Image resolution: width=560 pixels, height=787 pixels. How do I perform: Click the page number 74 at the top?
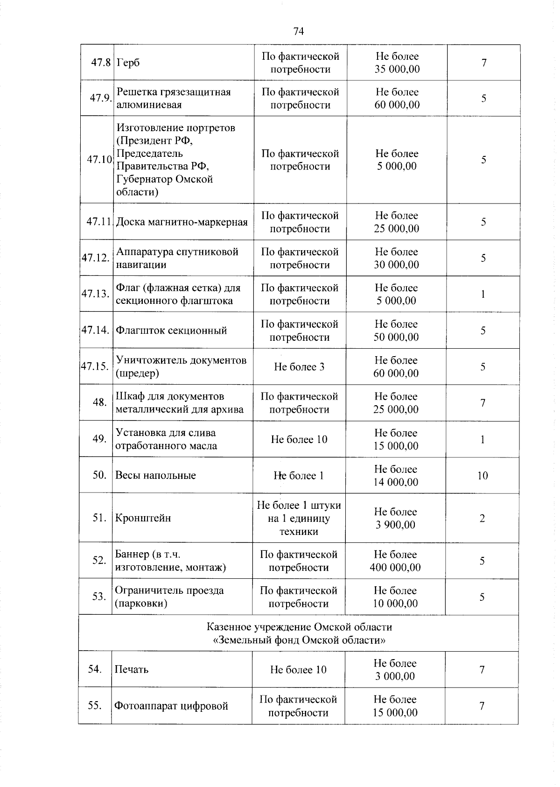click(x=299, y=31)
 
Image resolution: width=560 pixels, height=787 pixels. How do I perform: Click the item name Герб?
click(x=128, y=63)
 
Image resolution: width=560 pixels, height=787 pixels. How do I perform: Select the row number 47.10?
click(x=99, y=160)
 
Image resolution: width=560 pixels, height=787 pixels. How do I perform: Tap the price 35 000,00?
click(x=397, y=70)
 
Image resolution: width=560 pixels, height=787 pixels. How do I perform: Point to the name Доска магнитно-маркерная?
click(x=182, y=222)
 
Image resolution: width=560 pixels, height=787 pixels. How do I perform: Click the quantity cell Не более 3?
click(x=299, y=367)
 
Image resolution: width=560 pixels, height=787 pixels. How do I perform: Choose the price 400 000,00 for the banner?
click(x=395, y=568)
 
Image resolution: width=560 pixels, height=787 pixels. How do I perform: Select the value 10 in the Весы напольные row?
click(x=483, y=476)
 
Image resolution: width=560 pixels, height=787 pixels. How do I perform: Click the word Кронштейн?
click(x=143, y=518)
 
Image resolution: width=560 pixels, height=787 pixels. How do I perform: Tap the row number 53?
click(x=99, y=597)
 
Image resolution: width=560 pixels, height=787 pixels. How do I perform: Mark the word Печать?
click(x=132, y=670)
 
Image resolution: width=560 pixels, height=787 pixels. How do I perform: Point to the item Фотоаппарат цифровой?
click(x=171, y=706)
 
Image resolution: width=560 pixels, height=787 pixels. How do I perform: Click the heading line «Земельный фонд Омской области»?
click(x=299, y=640)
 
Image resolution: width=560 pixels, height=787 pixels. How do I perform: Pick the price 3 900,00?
click(x=395, y=525)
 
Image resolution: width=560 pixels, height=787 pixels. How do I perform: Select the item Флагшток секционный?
click(x=171, y=330)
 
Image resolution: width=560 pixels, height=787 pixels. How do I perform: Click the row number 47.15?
click(x=95, y=366)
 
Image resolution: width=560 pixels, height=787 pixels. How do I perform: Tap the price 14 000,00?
click(x=396, y=482)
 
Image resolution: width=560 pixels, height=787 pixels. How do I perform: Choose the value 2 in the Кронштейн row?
click(x=482, y=519)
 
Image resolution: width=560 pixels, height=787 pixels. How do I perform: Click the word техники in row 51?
click(x=299, y=532)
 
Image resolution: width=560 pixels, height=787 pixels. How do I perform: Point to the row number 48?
click(x=99, y=402)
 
